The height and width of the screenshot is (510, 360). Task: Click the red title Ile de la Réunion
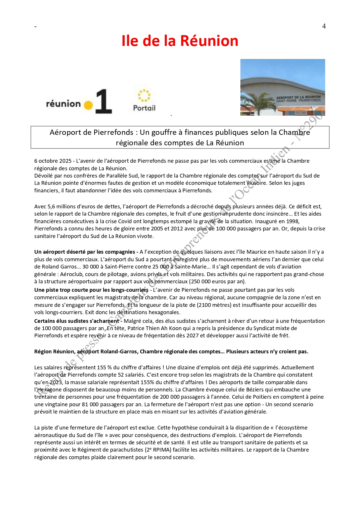click(180, 41)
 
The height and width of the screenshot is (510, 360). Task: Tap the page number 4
click(324, 26)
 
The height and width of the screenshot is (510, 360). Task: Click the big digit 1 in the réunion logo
click(103, 101)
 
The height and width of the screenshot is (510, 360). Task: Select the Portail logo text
click(144, 108)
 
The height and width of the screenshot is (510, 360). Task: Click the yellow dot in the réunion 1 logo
click(88, 105)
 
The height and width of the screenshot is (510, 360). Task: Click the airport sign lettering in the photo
click(298, 99)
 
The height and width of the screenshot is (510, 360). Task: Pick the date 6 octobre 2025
click(53, 161)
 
